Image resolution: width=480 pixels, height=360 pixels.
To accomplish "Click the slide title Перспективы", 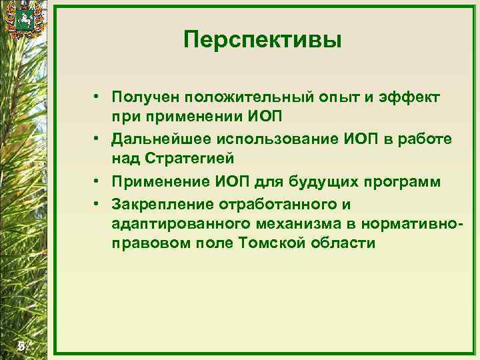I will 263,41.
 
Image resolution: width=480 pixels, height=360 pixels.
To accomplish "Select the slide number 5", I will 21,345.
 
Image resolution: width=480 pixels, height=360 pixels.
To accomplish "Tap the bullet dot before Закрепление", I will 97,202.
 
